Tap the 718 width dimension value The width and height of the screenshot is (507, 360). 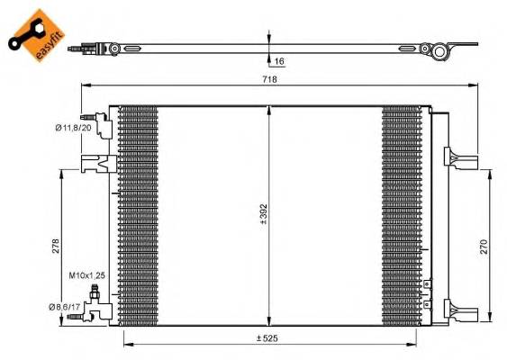tap(269, 79)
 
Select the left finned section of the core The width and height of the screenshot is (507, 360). tap(137, 216)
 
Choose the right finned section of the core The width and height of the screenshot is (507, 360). tap(401, 216)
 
